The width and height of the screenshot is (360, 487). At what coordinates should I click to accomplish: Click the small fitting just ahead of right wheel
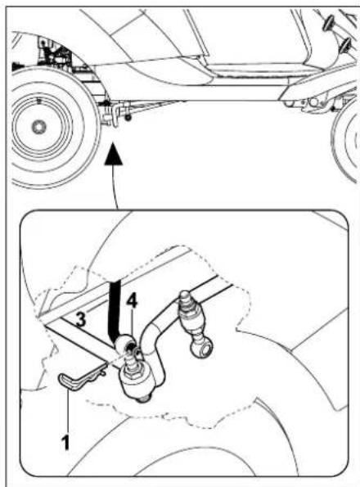(315, 103)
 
